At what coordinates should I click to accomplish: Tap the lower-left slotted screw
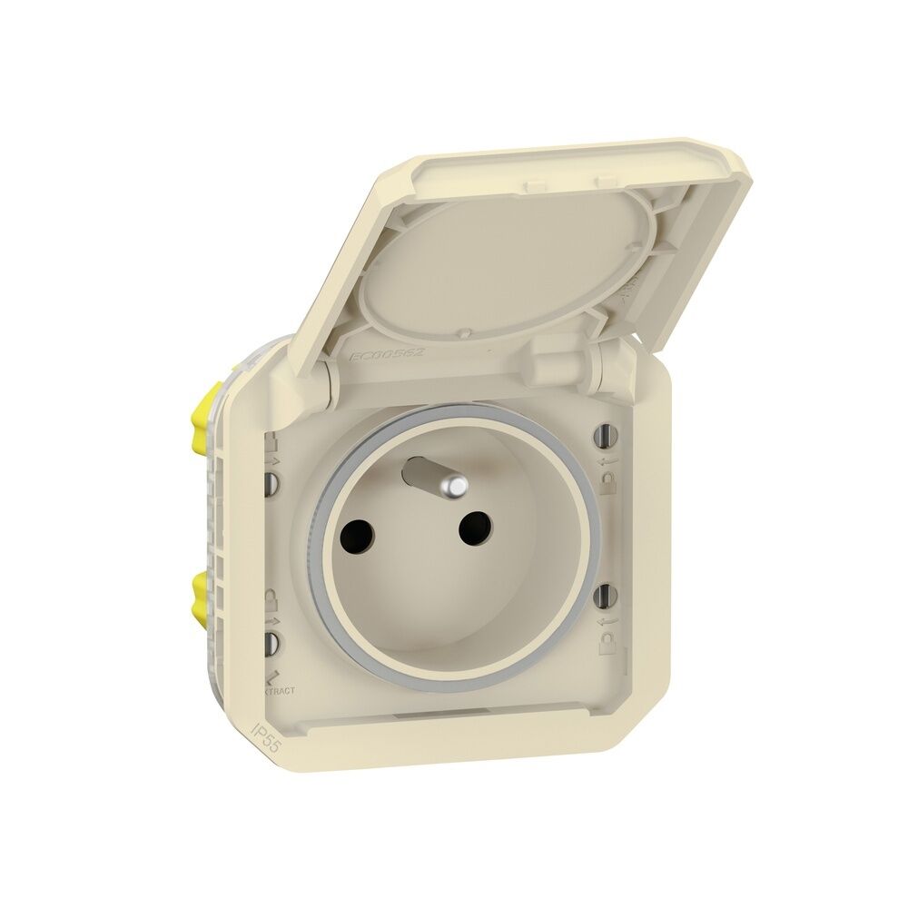[x=270, y=643]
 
